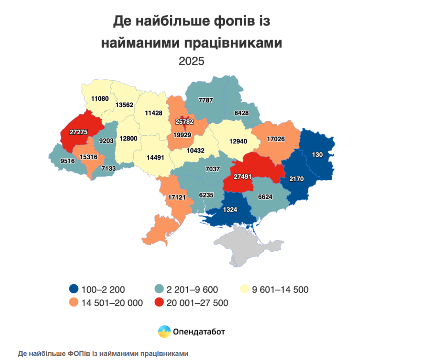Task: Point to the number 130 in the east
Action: [x=317, y=155]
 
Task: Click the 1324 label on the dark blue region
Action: [x=229, y=210]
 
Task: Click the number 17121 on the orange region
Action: [x=177, y=197]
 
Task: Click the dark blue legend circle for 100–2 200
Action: [x=74, y=289]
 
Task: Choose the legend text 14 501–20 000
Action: [x=112, y=303]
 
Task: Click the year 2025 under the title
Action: [x=192, y=61]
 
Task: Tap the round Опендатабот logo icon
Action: [x=164, y=331]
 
